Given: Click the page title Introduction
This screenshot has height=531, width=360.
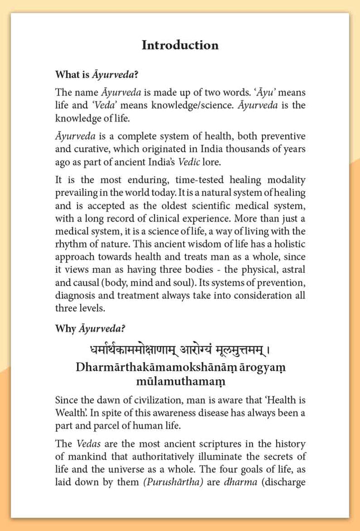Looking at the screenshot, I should [x=180, y=45].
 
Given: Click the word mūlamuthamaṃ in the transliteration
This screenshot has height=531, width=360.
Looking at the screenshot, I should [x=180, y=382].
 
